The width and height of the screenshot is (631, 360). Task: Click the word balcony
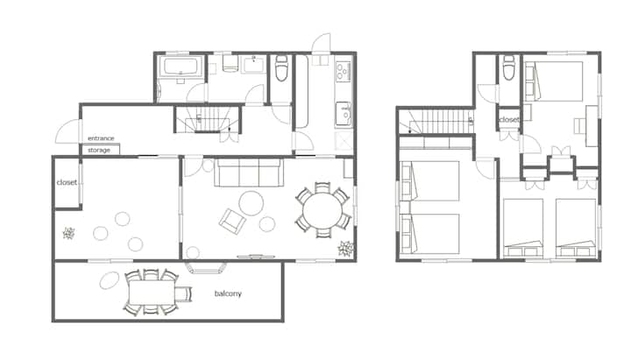tap(228, 293)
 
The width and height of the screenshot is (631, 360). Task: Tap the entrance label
tap(101, 138)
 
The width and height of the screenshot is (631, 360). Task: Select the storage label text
tap(99, 150)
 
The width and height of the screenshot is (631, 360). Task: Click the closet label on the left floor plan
tap(67, 182)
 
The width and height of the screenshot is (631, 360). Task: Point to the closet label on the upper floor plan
tap(509, 119)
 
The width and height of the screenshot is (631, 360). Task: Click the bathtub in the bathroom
tap(181, 67)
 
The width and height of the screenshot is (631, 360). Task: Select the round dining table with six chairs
tap(323, 210)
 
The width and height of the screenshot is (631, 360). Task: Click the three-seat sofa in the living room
tap(249, 173)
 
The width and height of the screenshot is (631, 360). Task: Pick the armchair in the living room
tap(232, 221)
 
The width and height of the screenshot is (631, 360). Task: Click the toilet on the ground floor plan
tap(281, 68)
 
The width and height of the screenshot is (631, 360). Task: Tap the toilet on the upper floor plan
tap(509, 67)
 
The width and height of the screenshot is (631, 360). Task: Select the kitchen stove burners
tap(344, 71)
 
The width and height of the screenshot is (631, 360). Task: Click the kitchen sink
tap(344, 114)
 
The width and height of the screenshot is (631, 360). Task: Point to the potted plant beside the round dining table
tap(345, 248)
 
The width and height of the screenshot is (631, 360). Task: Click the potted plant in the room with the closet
tap(69, 233)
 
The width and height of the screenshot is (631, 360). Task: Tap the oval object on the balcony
tap(110, 280)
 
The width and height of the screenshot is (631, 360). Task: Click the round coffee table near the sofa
tap(252, 203)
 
